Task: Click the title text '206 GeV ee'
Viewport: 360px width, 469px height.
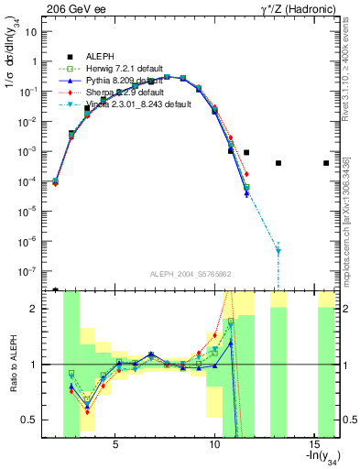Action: [73, 7]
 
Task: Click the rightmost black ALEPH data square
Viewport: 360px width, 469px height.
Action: [326, 163]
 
